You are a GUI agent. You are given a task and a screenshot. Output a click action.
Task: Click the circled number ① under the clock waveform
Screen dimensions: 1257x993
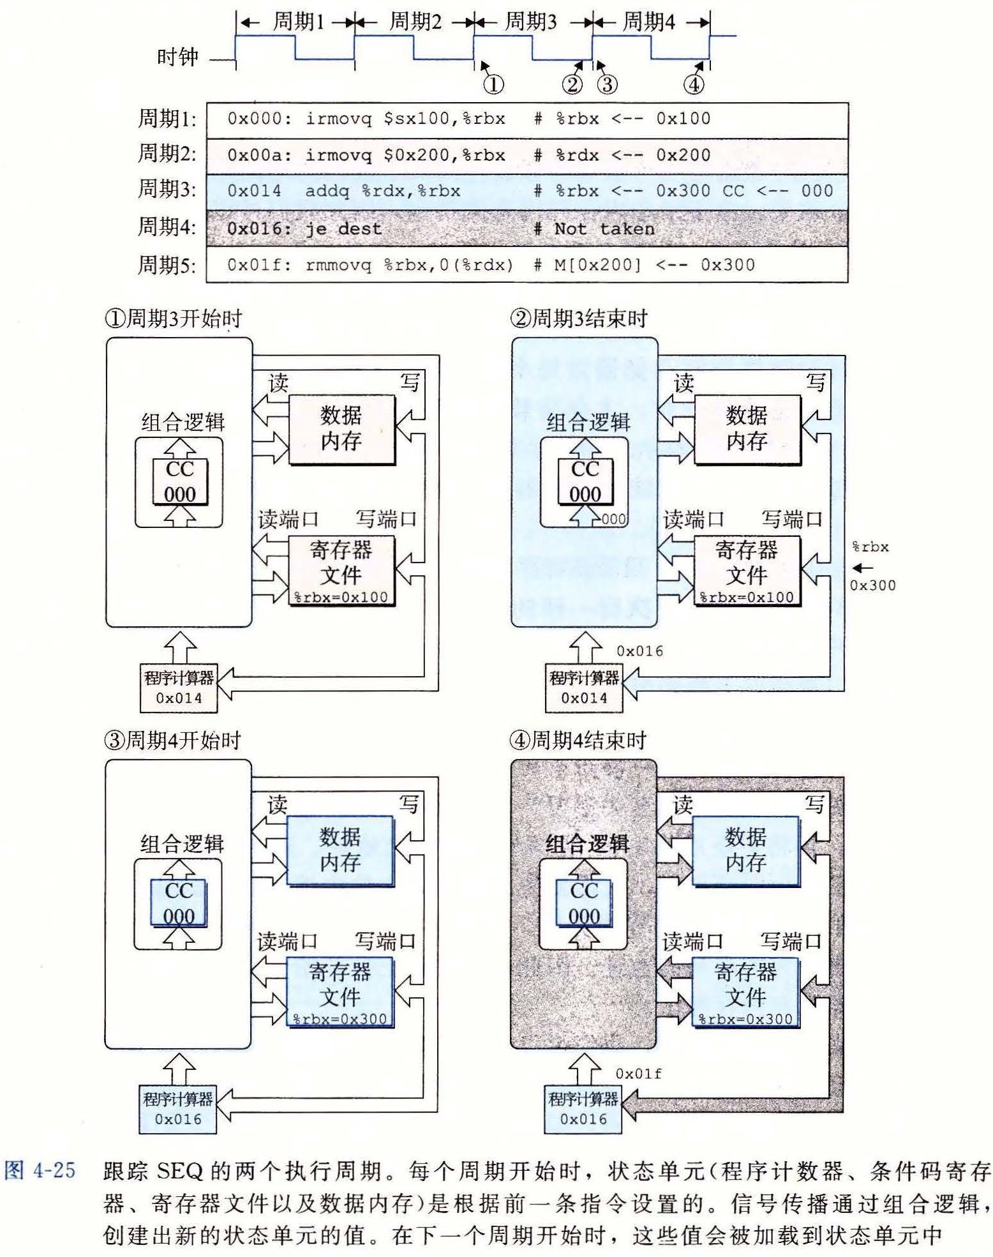493,84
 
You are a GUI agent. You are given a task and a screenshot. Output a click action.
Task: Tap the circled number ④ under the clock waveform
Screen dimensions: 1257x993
694,84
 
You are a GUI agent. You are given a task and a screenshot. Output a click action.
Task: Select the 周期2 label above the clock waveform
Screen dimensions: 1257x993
415,23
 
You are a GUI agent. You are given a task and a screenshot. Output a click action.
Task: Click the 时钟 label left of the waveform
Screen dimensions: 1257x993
178,57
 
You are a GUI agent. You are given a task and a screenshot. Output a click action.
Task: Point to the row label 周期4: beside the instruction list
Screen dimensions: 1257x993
167,227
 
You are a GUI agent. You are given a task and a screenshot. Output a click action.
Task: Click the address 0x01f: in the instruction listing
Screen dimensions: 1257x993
258,265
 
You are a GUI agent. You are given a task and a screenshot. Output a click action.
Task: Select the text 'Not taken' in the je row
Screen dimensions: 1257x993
604,229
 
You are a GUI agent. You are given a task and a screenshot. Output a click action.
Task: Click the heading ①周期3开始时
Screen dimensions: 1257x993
174,318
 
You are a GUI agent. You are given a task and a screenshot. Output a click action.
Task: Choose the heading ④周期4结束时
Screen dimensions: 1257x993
578,741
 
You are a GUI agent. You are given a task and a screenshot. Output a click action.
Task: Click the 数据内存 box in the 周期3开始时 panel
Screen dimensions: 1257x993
341,428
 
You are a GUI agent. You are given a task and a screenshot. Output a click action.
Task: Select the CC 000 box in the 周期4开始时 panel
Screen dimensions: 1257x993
179,903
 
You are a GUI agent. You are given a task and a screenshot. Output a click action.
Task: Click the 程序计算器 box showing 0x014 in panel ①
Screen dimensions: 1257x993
179,688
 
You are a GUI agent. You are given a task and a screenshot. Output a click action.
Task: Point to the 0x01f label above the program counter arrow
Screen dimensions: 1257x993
638,1074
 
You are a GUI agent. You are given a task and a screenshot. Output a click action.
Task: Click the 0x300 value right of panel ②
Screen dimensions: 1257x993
872,585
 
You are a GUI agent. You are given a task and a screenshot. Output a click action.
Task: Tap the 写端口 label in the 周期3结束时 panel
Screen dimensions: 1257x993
791,519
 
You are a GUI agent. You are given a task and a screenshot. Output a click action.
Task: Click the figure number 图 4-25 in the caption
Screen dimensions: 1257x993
40,1171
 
